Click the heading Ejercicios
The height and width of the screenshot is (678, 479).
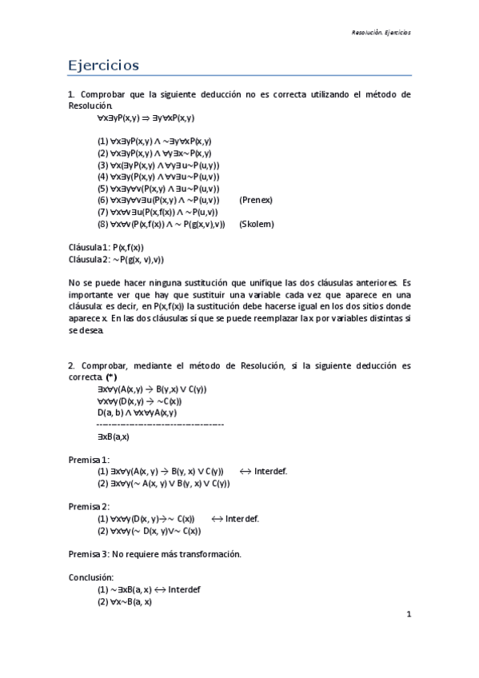pyautogui.click(x=103, y=64)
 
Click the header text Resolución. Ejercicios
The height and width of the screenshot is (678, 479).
pyautogui.click(x=381, y=33)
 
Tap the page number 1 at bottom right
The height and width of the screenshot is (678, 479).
pyautogui.click(x=408, y=614)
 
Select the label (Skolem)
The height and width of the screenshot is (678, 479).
pyautogui.click(x=256, y=224)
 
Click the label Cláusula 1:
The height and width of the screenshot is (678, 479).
pyautogui.click(x=89, y=248)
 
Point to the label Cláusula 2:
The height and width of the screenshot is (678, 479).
pyautogui.click(x=89, y=259)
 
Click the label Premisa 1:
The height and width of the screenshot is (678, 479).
pyautogui.click(x=89, y=460)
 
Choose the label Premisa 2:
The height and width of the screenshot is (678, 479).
pyautogui.click(x=89, y=507)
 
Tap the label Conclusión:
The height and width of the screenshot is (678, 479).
pyautogui.click(x=91, y=577)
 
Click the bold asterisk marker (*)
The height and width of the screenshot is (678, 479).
pyautogui.click(x=111, y=377)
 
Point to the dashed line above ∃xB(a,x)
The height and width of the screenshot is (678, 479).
pyautogui.click(x=160, y=424)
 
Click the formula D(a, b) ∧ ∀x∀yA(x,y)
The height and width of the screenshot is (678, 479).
pyautogui.click(x=138, y=413)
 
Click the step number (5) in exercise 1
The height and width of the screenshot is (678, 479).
pyautogui.click(x=103, y=188)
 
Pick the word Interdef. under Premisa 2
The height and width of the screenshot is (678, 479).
pyautogui.click(x=241, y=518)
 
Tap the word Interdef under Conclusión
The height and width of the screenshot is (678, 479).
pyautogui.click(x=184, y=589)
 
